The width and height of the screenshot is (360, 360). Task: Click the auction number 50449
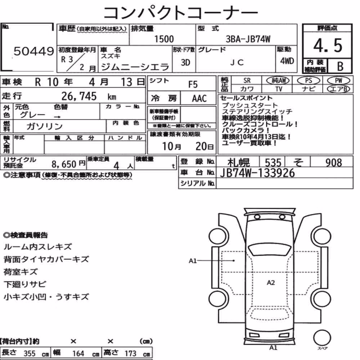coord(34,51)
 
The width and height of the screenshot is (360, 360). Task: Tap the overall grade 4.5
coord(328,45)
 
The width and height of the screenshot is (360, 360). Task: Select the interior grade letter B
coord(340,66)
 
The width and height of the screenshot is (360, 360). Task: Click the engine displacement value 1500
coord(164,39)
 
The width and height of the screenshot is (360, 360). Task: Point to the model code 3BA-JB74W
coord(248,39)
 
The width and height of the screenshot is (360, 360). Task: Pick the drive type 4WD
coord(287,61)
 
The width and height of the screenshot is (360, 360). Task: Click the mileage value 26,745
coord(79,96)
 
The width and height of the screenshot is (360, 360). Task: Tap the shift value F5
coord(193,85)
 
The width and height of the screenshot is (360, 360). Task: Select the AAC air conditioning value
coord(199,99)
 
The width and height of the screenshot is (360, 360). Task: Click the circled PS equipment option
coord(309,81)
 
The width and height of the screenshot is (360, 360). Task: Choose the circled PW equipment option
coord(338,81)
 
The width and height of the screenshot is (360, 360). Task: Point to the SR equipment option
coord(247,81)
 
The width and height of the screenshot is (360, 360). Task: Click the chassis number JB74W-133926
coord(257,173)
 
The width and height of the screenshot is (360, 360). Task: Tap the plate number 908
coord(334,163)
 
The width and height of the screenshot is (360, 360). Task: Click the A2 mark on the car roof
coord(271,283)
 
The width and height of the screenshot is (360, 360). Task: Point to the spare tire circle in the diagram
coord(322,338)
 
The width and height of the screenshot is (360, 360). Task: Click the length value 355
coord(30,354)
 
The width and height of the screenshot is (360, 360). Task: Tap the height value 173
coord(130,354)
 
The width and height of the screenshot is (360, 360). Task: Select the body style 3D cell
coord(185,63)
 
